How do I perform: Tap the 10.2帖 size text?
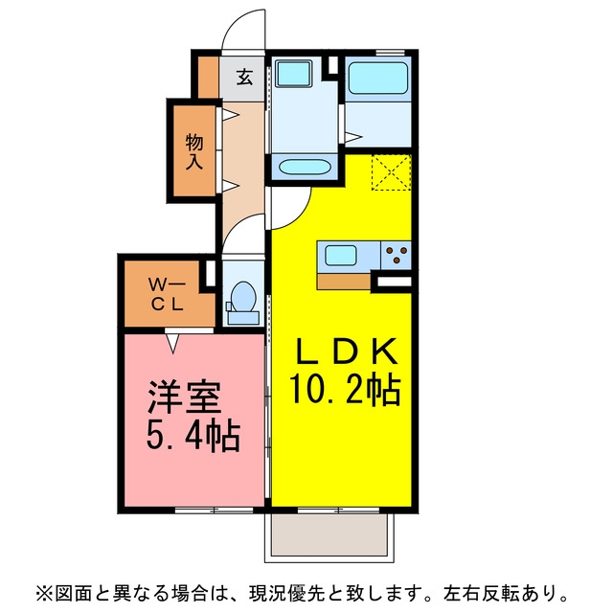pyautogui.click(x=345, y=389)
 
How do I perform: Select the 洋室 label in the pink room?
pyautogui.click(x=185, y=397)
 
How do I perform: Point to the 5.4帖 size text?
pyautogui.click(x=193, y=436)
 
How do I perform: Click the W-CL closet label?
pyautogui.click(x=167, y=294)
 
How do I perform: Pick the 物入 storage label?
pyautogui.click(x=194, y=151)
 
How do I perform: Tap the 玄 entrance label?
pyautogui.click(x=245, y=77)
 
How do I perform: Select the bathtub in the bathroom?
pyautogui.click(x=378, y=78)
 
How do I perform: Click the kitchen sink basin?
pyautogui.click(x=341, y=255)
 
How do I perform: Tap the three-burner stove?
pyautogui.click(x=396, y=255)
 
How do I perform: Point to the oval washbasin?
pyautogui.click(x=305, y=168)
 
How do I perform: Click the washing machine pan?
pyautogui.click(x=294, y=73)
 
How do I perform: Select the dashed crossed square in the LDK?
pyautogui.click(x=392, y=172)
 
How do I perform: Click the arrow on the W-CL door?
pyautogui.click(x=173, y=343)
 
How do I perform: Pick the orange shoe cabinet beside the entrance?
pyautogui.click(x=208, y=77)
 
